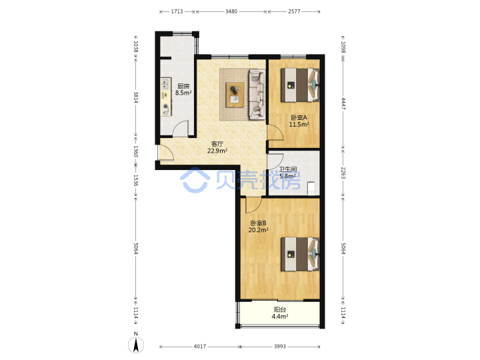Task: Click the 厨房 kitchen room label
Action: pos(183,86)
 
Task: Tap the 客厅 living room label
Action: pos(217,143)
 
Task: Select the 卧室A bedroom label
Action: pos(299,117)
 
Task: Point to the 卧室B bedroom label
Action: pos(259,223)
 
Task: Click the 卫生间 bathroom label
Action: pos(288,169)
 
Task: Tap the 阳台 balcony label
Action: pos(279,309)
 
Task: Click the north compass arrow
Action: pos(136,345)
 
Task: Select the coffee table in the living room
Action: pos(235,95)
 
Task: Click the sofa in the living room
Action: pos(257,94)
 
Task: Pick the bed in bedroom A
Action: pos(300,85)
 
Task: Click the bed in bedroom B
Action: pos(300,254)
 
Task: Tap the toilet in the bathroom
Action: pos(311,188)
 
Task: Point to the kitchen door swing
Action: pos(181,129)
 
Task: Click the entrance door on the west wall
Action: pos(165,153)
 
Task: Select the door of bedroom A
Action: pos(275,133)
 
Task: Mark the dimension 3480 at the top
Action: pos(231,11)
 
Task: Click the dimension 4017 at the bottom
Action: pos(199,346)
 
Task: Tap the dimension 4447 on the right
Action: pos(343,103)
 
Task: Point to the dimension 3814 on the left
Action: pos(136,97)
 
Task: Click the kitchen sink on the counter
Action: pos(165,83)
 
